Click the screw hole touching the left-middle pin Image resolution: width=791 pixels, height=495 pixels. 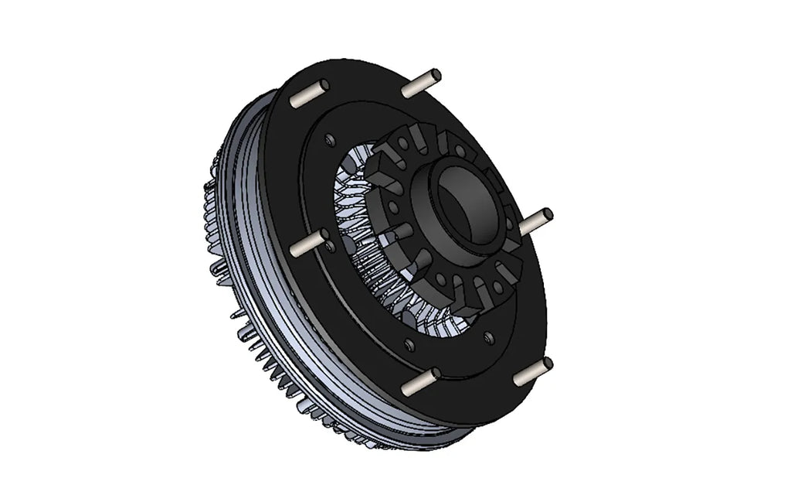(x=331, y=247)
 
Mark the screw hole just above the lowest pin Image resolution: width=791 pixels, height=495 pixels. (x=487, y=337)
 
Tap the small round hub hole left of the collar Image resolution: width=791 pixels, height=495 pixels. (x=395, y=207)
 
